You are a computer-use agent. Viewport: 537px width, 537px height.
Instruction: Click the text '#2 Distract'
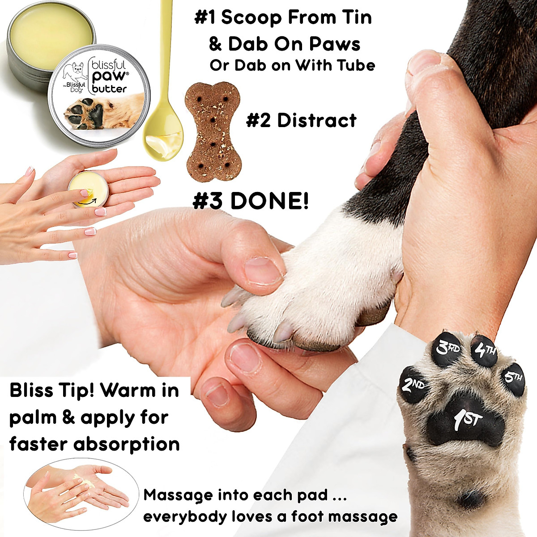[301, 120]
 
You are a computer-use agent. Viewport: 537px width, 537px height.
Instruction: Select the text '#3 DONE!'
[251, 201]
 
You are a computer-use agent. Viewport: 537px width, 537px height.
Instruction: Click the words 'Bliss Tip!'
[51, 390]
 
